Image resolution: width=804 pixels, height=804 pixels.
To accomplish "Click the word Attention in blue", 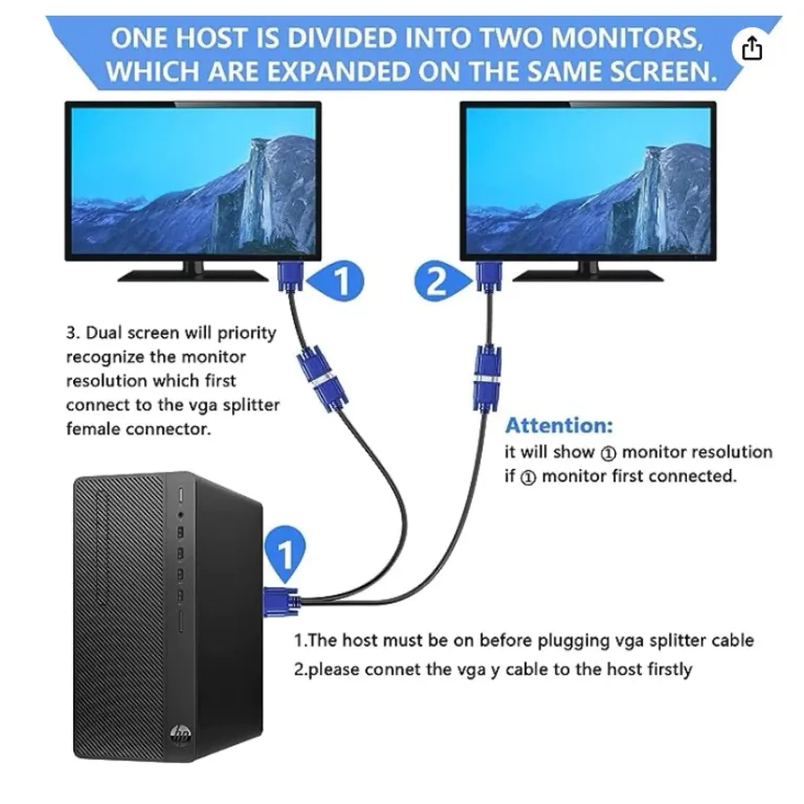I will tap(559, 426).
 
